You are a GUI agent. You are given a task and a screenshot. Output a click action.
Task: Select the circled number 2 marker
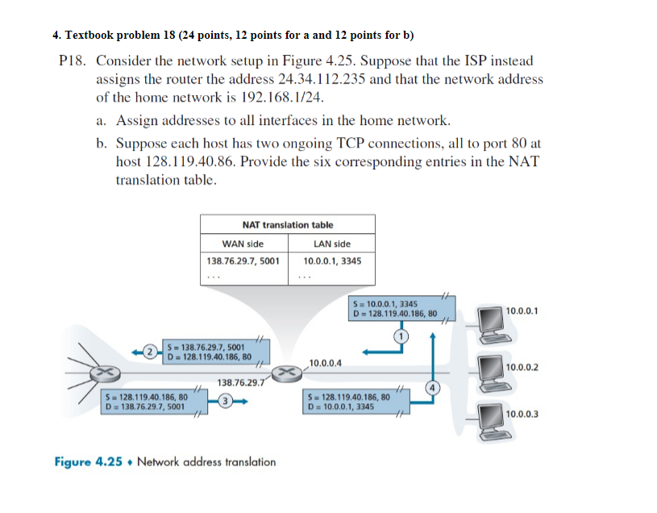click(x=149, y=351)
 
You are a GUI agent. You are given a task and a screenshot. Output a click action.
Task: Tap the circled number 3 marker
click(x=227, y=400)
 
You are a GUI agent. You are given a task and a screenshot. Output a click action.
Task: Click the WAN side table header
click(x=243, y=244)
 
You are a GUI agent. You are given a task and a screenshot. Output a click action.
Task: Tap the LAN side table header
click(x=332, y=244)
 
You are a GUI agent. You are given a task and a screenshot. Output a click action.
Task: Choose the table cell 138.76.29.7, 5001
click(x=243, y=261)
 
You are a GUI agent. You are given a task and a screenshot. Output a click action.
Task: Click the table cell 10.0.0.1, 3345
click(x=332, y=261)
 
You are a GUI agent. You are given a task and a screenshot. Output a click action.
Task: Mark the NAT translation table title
click(x=288, y=225)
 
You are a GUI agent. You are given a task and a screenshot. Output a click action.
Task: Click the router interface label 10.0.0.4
click(x=325, y=362)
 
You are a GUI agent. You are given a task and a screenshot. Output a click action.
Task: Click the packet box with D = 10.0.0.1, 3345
click(x=348, y=402)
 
